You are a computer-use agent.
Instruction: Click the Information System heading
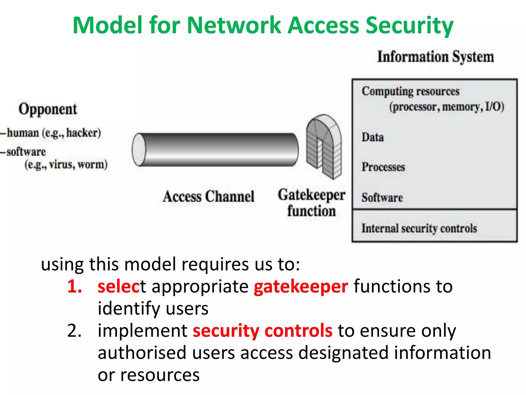point(436,57)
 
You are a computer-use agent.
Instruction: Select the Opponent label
point(48,109)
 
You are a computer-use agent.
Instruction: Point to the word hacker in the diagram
point(83,133)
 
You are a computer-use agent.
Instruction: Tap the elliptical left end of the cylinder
point(139,150)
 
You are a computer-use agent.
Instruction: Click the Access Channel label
point(209,196)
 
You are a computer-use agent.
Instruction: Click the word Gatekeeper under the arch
point(312,195)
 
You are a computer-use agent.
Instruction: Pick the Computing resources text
point(410,92)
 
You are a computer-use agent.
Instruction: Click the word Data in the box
point(373,137)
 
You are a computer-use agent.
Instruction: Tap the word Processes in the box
point(383,167)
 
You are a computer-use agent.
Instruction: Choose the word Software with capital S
point(382,198)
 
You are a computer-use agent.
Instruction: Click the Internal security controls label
point(419,228)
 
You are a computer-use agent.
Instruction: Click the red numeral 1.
point(74,286)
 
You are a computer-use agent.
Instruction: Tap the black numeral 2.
point(74,331)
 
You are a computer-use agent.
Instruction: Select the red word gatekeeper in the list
point(301,287)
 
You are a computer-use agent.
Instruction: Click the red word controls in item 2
point(298,331)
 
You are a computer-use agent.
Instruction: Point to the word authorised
point(142,353)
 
